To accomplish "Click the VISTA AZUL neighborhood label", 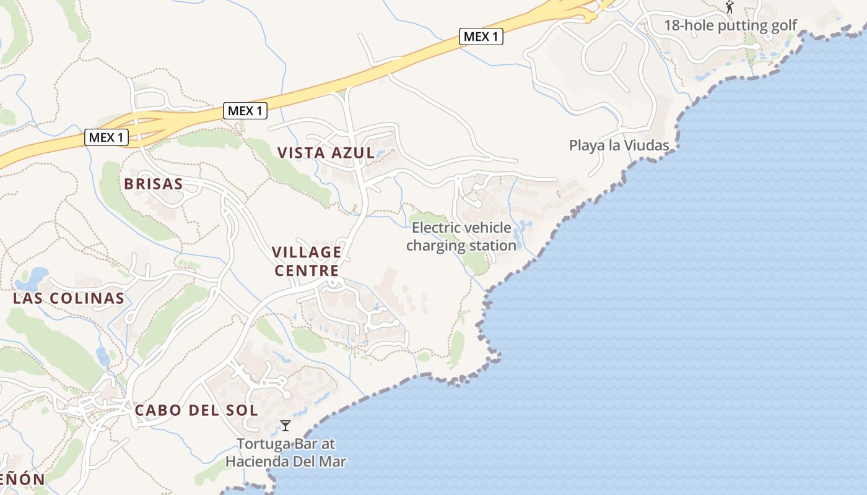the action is pyautogui.click(x=326, y=153).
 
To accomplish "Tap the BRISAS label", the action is pyautogui.click(x=154, y=184).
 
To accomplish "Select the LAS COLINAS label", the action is pyautogui.click(x=69, y=298).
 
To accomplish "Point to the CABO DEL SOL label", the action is pyautogui.click(x=196, y=410).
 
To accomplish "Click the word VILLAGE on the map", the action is pyautogui.click(x=307, y=252).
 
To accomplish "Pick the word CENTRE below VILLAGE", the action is pyautogui.click(x=307, y=270).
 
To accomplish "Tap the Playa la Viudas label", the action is pyautogui.click(x=619, y=146).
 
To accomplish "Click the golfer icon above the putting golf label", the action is pyautogui.click(x=730, y=7).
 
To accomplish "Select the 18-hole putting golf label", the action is pyautogui.click(x=730, y=25).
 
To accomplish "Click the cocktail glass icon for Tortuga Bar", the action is pyautogui.click(x=285, y=426).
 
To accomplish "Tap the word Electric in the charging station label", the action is pyautogui.click(x=434, y=228).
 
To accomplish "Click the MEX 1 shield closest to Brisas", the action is pyautogui.click(x=107, y=137).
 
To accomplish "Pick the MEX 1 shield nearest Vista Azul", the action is pyautogui.click(x=245, y=111).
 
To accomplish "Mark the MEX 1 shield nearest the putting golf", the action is pyautogui.click(x=481, y=37).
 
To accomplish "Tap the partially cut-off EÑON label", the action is pyautogui.click(x=22, y=480).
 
